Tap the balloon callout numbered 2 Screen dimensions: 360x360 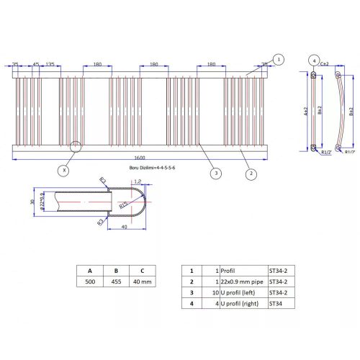(x=250, y=174)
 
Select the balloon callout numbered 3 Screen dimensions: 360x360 (x=215, y=173)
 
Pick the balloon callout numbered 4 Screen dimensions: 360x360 (x=315, y=60)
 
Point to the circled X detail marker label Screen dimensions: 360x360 (x=66, y=171)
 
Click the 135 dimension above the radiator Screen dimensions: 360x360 (x=50, y=65)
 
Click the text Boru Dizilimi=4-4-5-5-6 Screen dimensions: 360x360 (x=152, y=166)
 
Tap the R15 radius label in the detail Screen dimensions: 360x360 (x=124, y=206)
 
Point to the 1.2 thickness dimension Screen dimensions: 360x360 (x=138, y=182)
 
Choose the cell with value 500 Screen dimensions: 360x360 (x=90, y=282)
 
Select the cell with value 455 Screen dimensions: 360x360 (x=117, y=282)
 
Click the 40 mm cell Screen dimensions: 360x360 (x=143, y=282)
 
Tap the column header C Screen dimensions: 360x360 (x=143, y=271)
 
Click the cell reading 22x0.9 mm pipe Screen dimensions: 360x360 (x=242, y=282)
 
